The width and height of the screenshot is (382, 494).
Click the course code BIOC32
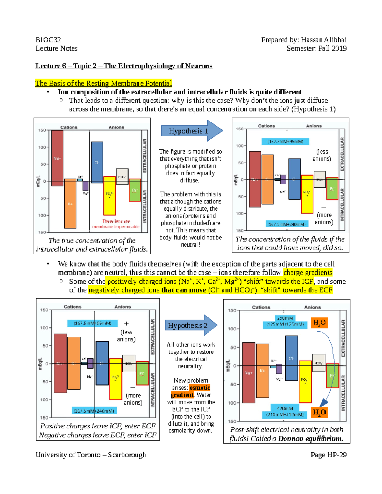[48, 40]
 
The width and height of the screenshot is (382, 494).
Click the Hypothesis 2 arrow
[190, 325]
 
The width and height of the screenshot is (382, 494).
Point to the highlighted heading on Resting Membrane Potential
[103, 83]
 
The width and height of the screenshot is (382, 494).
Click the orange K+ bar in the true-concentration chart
[70, 204]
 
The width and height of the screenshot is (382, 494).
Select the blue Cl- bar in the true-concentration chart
[97, 162]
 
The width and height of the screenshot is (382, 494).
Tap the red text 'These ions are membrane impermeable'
[116, 224]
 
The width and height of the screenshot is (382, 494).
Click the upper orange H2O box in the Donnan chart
[319, 323]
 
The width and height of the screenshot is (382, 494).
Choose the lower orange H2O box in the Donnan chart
[319, 413]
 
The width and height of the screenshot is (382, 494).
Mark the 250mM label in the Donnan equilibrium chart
[285, 318]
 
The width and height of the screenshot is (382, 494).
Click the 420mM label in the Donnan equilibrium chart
[285, 408]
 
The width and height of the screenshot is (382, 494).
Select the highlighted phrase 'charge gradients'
[308, 273]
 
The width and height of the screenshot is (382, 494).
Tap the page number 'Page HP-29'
[329, 455]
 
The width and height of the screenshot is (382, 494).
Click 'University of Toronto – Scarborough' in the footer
[91, 455]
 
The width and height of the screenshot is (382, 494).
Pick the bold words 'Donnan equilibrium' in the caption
[310, 439]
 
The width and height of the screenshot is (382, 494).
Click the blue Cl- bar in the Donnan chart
[291, 358]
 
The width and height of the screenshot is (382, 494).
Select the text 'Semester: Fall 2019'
[316, 48]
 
